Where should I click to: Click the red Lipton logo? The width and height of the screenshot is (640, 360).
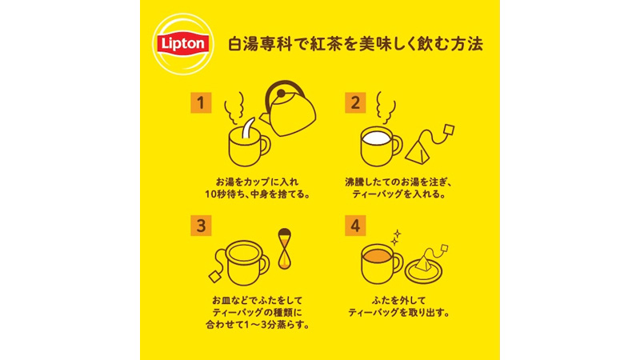(183, 44)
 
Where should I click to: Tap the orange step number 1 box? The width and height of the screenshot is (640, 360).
(201, 103)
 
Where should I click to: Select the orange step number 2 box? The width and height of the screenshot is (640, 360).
(355, 103)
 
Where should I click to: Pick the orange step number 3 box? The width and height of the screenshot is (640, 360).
(201, 226)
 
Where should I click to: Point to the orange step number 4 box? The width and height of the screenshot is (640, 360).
(355, 226)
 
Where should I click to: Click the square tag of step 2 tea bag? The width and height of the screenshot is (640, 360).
(449, 130)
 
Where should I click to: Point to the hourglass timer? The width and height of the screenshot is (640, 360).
(285, 249)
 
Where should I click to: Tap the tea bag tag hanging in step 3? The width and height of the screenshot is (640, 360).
(215, 277)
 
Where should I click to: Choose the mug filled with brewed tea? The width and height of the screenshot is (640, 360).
(382, 264)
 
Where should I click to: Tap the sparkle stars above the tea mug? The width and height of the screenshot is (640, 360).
(395, 238)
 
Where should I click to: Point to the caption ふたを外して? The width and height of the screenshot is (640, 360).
(398, 301)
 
